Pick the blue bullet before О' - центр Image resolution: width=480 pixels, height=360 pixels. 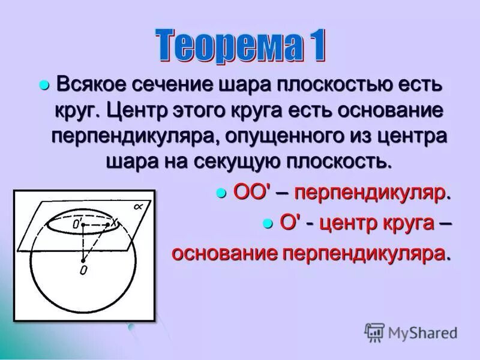(x=268, y=223)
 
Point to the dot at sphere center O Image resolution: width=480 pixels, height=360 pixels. (x=83, y=260)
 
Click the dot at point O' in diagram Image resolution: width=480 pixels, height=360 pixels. (x=83, y=224)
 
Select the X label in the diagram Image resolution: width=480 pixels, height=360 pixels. (x=113, y=223)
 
